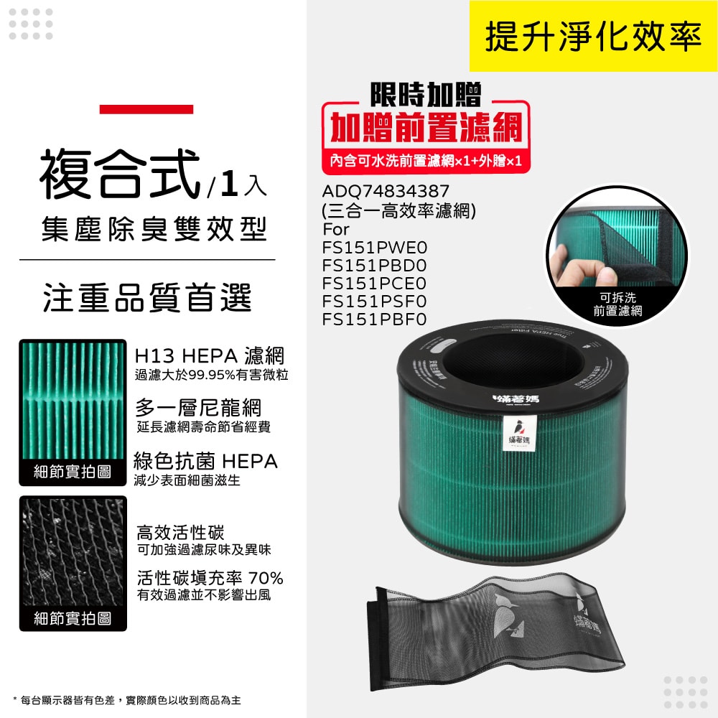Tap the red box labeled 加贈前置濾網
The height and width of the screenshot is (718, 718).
pos(425,127)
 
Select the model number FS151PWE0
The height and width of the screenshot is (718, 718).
pos(374,248)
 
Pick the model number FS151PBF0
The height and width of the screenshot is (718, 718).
pos(374,318)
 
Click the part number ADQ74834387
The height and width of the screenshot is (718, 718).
pos(386,192)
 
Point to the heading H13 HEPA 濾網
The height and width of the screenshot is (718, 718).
pos(210,355)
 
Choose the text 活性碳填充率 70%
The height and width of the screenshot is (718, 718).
pos(210,578)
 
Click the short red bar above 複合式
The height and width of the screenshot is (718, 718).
pos(146,109)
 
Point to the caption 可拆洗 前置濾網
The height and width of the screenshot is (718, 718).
pos(617,304)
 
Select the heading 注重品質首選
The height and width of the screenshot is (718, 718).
pos(147,298)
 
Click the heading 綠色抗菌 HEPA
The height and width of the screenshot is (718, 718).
pos(205,461)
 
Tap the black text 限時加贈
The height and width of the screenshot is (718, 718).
pos(425,94)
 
